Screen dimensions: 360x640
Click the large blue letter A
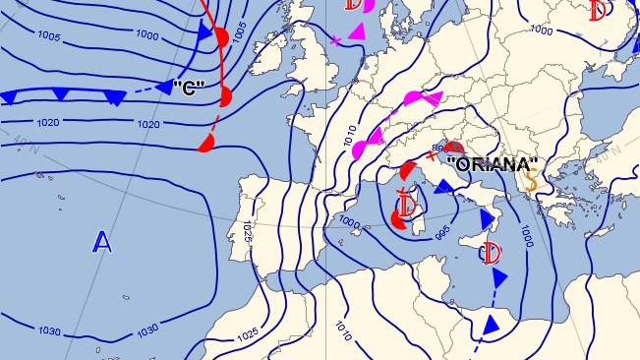click(x=102, y=241)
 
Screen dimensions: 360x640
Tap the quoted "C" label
click(x=188, y=89)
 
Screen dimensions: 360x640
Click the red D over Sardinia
click(x=404, y=210)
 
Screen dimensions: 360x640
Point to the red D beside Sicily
click(x=491, y=254)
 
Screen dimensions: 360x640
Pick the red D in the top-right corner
click(x=598, y=10)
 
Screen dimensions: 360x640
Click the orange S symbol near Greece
click(x=532, y=181)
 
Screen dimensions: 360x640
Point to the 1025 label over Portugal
click(x=247, y=234)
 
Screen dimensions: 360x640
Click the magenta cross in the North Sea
click(x=336, y=41)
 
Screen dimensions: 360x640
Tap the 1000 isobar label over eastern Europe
click(x=541, y=30)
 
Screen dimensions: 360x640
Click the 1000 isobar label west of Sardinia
click(x=348, y=221)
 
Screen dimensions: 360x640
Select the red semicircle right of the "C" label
click(x=225, y=95)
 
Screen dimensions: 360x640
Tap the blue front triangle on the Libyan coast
click(x=489, y=325)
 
